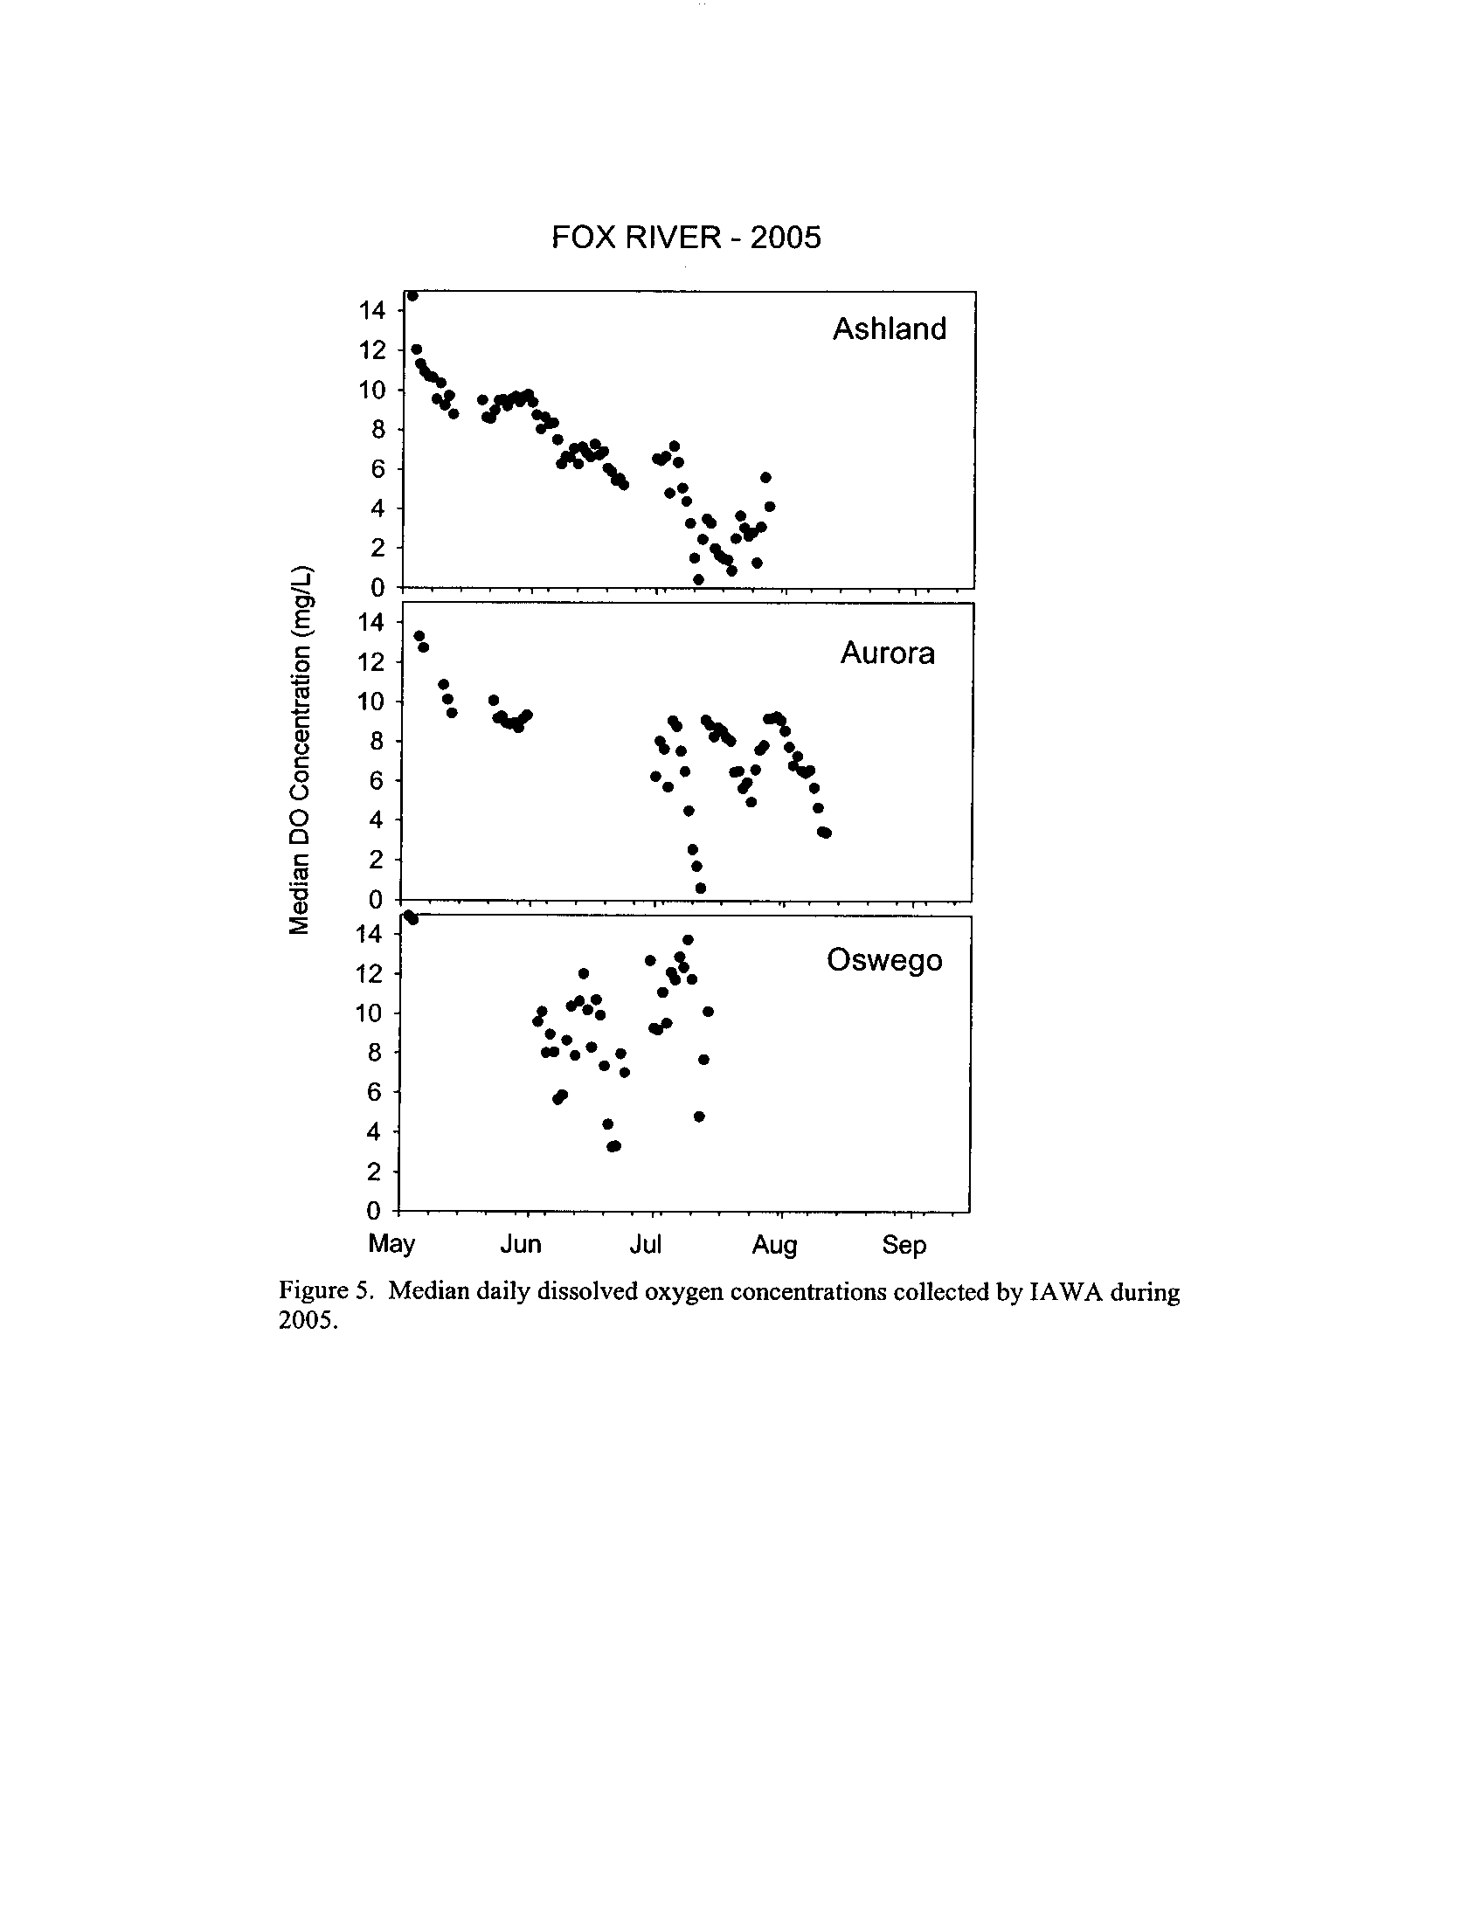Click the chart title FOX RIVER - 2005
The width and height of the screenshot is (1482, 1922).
point(686,238)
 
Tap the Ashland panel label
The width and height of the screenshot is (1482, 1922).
point(889,329)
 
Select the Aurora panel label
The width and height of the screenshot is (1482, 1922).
point(887,653)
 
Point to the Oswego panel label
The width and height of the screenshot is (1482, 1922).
point(883,960)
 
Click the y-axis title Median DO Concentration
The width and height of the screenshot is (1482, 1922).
point(301,749)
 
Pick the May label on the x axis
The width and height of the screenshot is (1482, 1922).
point(391,1244)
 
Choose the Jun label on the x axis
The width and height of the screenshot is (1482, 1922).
point(520,1244)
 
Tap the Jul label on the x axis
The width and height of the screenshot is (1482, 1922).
point(645,1244)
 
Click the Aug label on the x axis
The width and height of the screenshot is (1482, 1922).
point(774,1244)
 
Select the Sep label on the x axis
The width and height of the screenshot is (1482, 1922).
point(904,1244)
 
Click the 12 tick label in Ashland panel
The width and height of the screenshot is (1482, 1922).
point(371,350)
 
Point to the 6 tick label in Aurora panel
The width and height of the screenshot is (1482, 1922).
point(377,780)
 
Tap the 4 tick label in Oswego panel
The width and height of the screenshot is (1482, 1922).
point(374,1131)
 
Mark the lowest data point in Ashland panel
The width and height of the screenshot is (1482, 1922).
point(698,579)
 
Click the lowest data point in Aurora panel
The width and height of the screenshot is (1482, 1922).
point(701,888)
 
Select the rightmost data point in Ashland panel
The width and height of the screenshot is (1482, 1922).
point(769,507)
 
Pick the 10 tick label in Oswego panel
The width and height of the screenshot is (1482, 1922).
point(369,1013)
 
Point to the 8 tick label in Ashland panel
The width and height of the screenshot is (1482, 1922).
point(378,430)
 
